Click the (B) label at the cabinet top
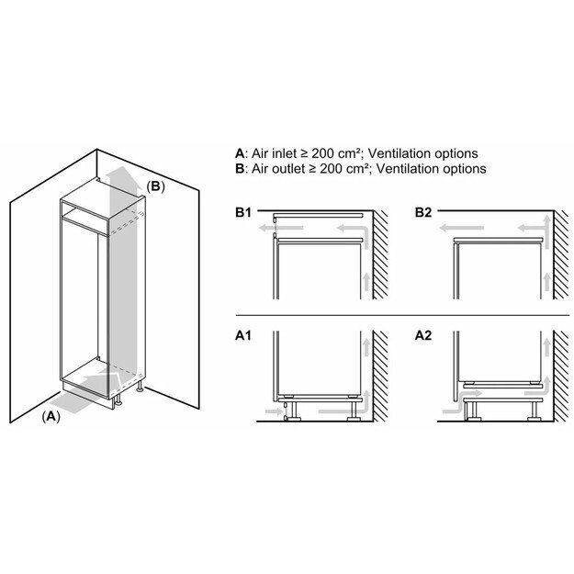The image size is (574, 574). click(155, 186)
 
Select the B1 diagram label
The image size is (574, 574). click(243, 213)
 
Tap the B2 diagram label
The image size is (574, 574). click(422, 213)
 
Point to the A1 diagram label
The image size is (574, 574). click(243, 337)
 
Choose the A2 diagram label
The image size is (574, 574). click(422, 337)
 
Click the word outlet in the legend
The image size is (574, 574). click(291, 169)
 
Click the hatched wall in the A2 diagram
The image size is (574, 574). click(561, 386)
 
